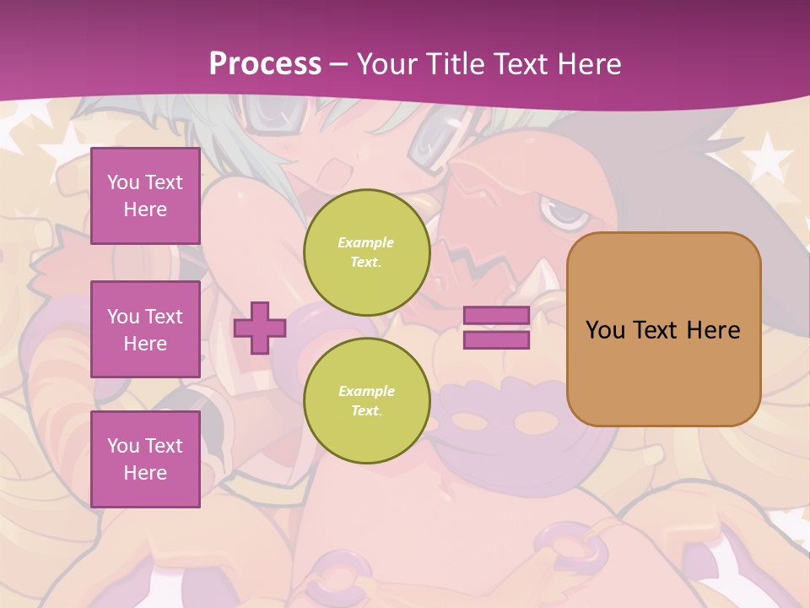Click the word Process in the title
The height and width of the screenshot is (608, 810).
pos(265,63)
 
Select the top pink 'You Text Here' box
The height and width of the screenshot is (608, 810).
pos(145,196)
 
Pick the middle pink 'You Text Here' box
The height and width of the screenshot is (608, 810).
pos(145,329)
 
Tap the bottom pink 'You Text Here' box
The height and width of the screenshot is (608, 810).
pos(145,459)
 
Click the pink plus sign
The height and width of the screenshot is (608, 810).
pos(259,328)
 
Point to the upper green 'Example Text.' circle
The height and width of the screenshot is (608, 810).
pos(366,252)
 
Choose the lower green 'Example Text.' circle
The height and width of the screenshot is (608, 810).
pos(366,401)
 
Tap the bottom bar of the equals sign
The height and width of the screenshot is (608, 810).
pos(497,340)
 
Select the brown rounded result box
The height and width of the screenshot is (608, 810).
pos(663,372)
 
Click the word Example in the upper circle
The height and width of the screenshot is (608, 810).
pos(366,242)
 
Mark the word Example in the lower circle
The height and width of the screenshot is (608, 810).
pos(366,391)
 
